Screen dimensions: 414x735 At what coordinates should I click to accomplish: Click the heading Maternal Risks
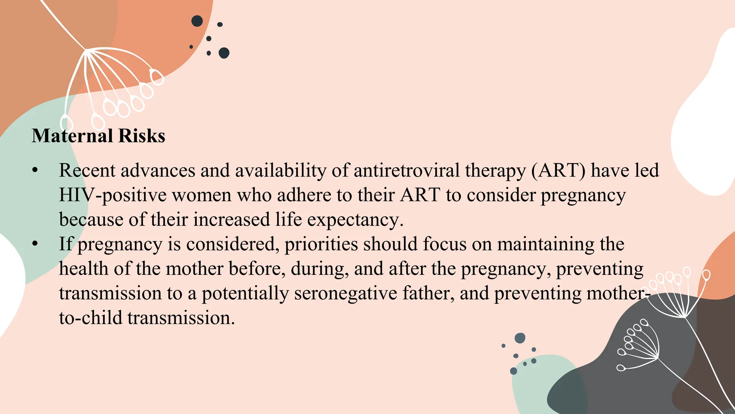point(98,136)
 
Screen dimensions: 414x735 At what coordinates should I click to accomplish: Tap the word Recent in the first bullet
point(87,170)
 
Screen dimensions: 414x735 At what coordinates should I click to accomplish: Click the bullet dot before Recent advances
point(35,171)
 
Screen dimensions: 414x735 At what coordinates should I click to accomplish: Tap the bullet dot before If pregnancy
point(35,244)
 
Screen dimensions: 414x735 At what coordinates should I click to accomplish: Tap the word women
point(202,195)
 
